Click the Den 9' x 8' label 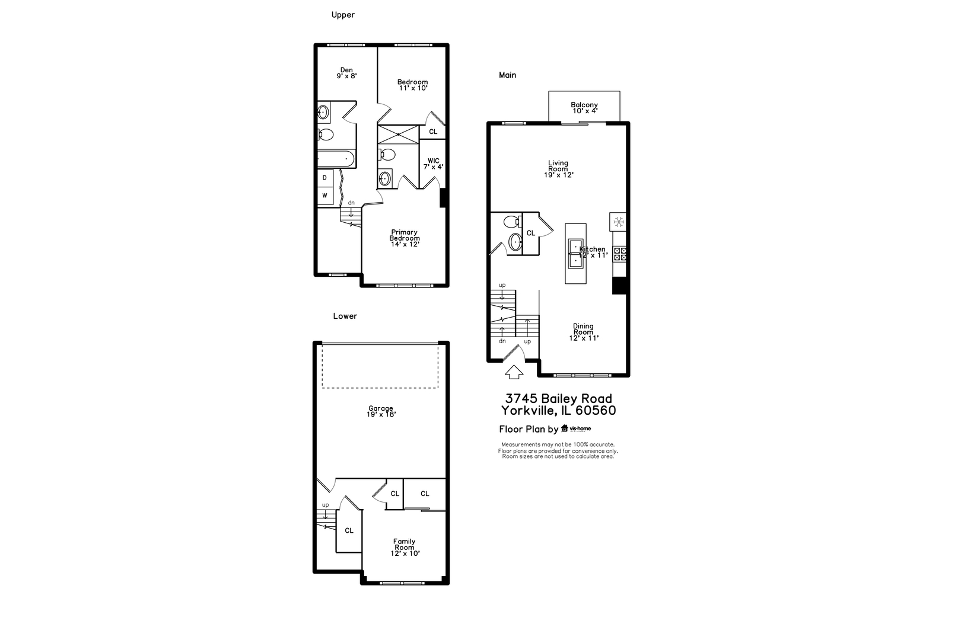click(x=347, y=73)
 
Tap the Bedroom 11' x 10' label click(x=412, y=85)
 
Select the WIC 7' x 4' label click(x=433, y=164)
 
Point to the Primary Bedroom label click(x=405, y=238)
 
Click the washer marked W click(x=325, y=195)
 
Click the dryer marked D click(x=325, y=177)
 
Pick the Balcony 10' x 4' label click(x=584, y=108)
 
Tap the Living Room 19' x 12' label click(x=558, y=169)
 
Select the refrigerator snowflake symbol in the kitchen click(x=618, y=222)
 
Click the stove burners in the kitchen click(x=620, y=254)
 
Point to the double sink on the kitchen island click(x=575, y=254)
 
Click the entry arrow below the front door click(x=514, y=372)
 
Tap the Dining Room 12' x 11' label click(x=584, y=332)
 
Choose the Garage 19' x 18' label click(x=381, y=411)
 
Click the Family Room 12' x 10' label click(x=405, y=547)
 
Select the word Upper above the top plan click(x=343, y=15)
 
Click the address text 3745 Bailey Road click(x=558, y=399)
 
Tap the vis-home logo click(x=576, y=428)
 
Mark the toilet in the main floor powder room click(x=511, y=222)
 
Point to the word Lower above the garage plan click(x=345, y=316)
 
